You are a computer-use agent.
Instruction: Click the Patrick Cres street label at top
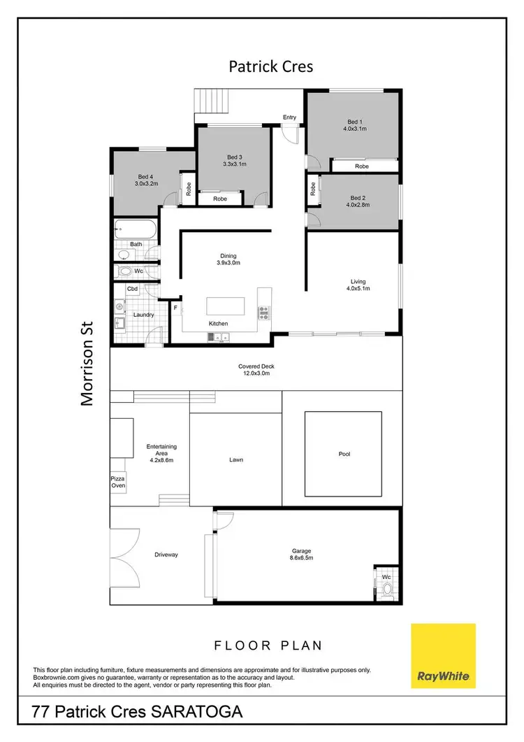[x=271, y=66]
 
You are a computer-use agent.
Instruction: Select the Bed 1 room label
[x=355, y=121]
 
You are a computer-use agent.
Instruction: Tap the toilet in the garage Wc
[x=387, y=588]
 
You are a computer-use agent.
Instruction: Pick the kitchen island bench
[x=225, y=307]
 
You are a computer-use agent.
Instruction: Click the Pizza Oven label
[x=118, y=482]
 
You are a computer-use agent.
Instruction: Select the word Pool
[x=344, y=454]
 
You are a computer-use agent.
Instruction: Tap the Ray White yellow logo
[x=443, y=656]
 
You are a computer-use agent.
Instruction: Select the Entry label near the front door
[x=289, y=117]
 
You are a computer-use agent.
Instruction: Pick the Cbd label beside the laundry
[x=131, y=288]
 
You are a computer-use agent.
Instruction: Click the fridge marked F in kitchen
[x=175, y=307]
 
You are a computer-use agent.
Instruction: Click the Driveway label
[x=166, y=555]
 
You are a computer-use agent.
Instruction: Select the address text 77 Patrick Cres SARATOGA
[x=138, y=713]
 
